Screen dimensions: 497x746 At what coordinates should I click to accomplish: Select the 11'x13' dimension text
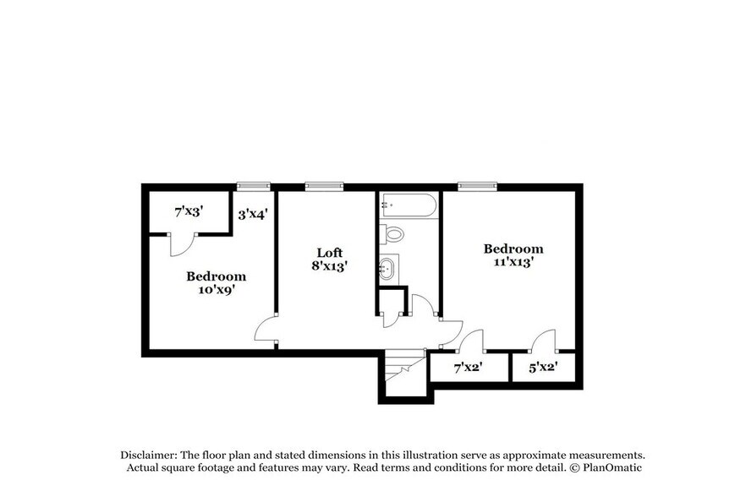pyautogui.click(x=513, y=262)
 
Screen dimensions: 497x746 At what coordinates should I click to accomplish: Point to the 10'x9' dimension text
pyautogui.click(x=216, y=289)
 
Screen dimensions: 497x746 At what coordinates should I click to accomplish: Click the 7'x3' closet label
pyautogui.click(x=189, y=211)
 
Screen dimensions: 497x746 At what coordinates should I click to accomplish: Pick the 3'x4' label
pyautogui.click(x=252, y=215)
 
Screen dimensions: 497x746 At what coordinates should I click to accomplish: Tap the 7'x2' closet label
pyautogui.click(x=468, y=368)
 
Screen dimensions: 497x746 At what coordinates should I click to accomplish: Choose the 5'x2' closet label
pyautogui.click(x=541, y=368)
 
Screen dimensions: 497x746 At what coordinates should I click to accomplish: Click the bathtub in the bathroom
pyautogui.click(x=409, y=205)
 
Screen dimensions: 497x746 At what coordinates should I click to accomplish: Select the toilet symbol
pyautogui.click(x=392, y=233)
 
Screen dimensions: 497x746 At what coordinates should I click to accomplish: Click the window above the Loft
pyautogui.click(x=324, y=186)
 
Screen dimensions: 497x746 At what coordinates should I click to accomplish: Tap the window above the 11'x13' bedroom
pyautogui.click(x=477, y=186)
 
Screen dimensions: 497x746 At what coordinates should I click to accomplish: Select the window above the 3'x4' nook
pyautogui.click(x=253, y=186)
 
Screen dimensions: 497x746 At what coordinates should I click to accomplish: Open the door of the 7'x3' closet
pyautogui.click(x=181, y=243)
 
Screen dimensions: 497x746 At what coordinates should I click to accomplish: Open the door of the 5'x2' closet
pyautogui.click(x=543, y=341)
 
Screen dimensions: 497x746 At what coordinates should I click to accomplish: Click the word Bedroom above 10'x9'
pyautogui.click(x=216, y=276)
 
